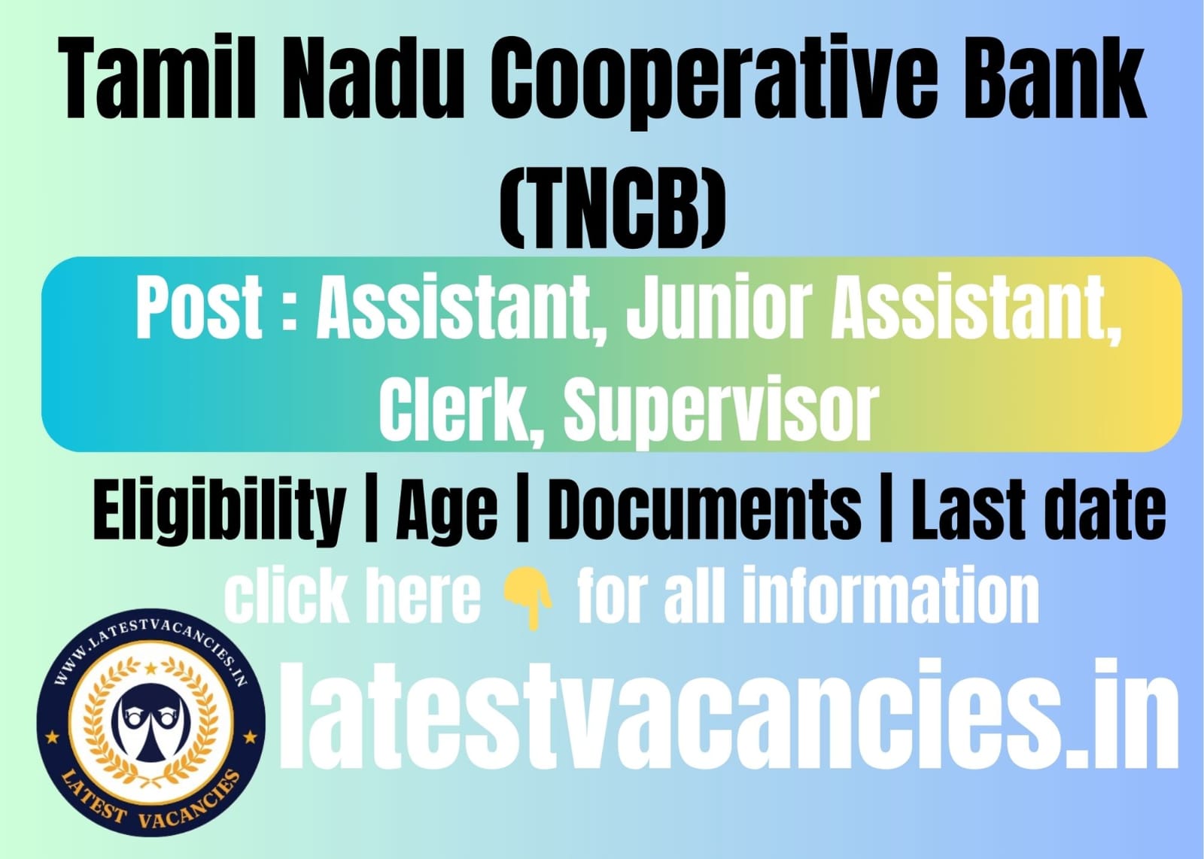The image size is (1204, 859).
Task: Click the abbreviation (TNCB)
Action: click(613, 211)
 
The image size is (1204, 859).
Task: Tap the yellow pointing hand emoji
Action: click(527, 599)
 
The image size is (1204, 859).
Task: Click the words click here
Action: click(352, 596)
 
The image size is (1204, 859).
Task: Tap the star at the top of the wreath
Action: click(151, 668)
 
